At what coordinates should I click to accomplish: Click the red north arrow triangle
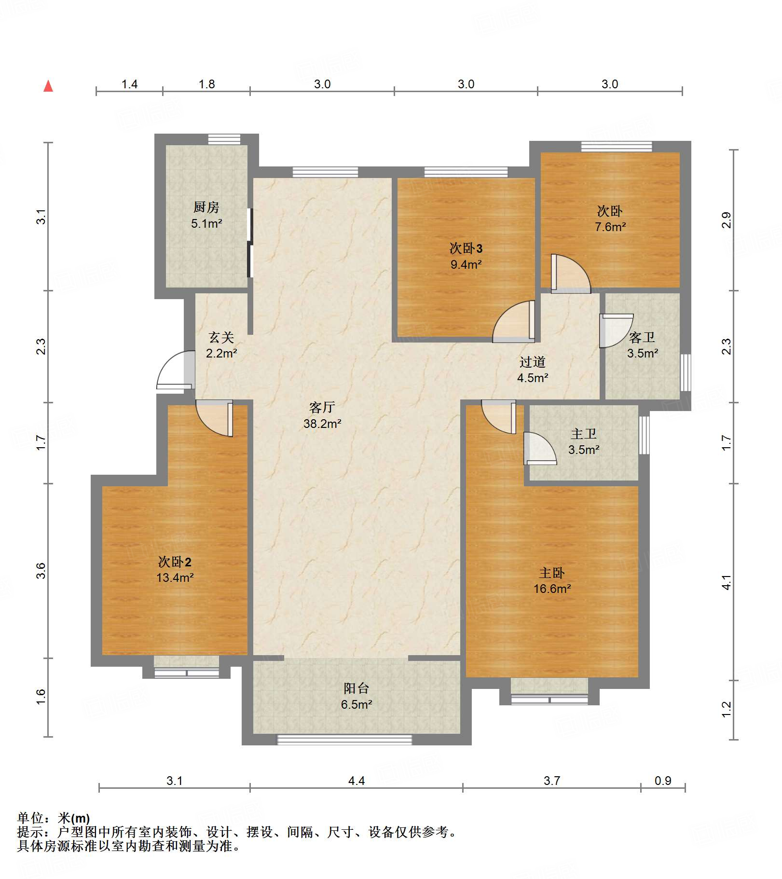tap(48, 86)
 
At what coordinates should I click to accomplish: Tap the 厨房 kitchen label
tap(206, 207)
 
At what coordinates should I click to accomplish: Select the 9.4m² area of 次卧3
tap(466, 264)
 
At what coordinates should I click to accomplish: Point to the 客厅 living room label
tap(322, 408)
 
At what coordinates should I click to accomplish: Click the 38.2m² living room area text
tap(322, 424)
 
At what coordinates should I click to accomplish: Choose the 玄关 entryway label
tap(221, 337)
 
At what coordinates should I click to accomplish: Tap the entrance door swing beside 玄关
tap(175, 371)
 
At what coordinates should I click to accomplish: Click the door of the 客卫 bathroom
tap(616, 331)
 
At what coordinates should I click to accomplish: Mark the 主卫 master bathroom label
tap(584, 434)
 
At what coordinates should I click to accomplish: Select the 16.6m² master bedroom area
tap(552, 589)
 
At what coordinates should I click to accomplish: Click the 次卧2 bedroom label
tap(175, 562)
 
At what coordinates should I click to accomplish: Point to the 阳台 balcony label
tap(357, 688)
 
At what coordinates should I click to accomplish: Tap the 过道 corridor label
tap(533, 362)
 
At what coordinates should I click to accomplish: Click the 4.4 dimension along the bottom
tap(357, 781)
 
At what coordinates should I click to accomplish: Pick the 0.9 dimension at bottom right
tap(663, 781)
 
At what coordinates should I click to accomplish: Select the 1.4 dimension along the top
tap(129, 84)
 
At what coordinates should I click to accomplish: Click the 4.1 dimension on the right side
tap(727, 582)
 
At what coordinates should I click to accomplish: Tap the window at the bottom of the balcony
tap(344, 740)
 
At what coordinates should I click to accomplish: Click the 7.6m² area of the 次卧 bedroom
tap(610, 227)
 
